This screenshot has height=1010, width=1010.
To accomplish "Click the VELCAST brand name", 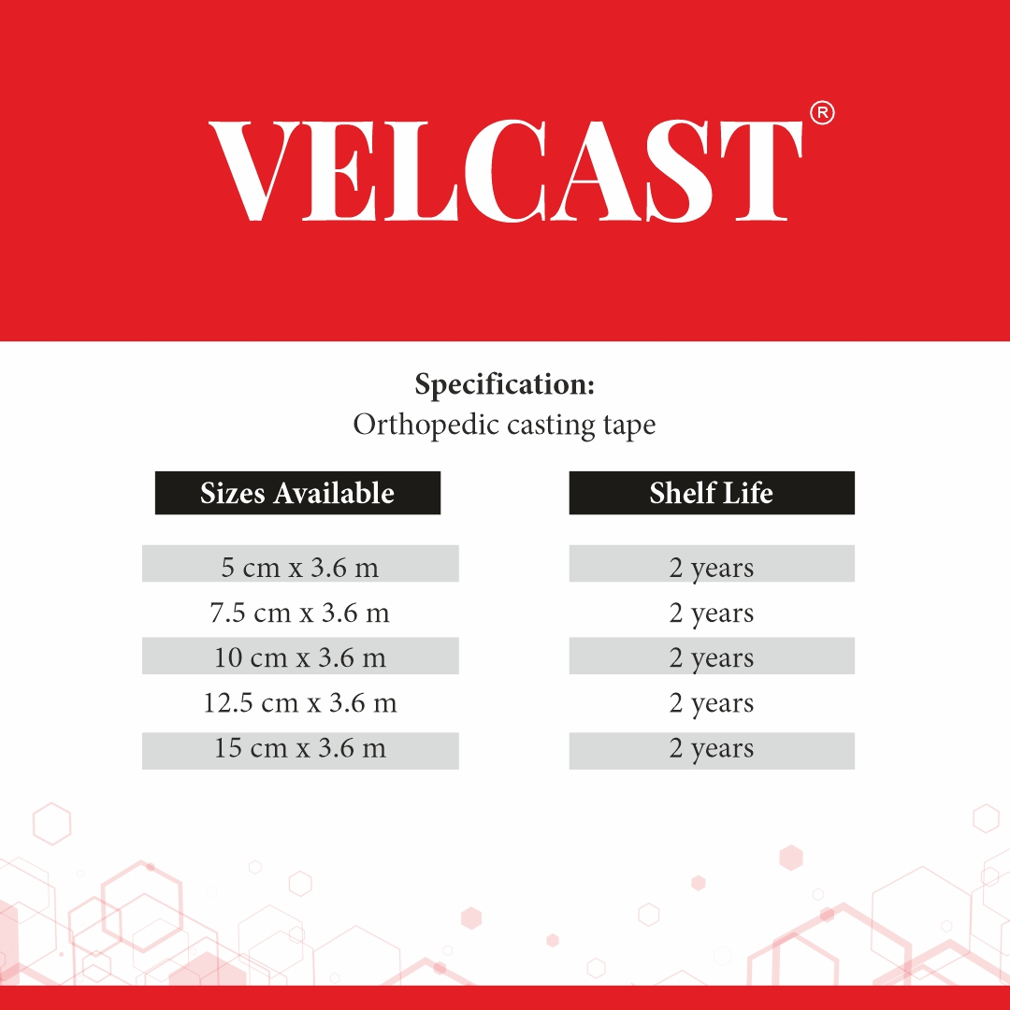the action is point(506,171).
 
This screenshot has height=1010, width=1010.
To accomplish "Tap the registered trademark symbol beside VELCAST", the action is point(822,113).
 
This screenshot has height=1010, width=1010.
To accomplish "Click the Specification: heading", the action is point(505,384).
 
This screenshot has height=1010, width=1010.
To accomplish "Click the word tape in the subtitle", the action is point(629,426).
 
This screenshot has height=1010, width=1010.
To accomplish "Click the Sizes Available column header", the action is point(297,493).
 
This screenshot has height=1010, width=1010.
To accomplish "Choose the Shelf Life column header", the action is point(711,493).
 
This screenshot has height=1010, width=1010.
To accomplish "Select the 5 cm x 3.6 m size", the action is point(300,568).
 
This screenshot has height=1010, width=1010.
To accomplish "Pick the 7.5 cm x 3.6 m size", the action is point(300,613).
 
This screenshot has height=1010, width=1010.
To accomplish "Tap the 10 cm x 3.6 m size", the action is point(300,657).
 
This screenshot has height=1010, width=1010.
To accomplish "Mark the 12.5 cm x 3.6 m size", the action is point(300,702).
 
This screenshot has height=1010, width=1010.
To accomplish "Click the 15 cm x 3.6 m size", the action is point(300,748).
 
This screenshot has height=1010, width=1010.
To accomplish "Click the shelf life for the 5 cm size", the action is point(711,569).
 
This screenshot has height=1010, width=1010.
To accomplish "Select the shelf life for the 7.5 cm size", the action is point(711,613).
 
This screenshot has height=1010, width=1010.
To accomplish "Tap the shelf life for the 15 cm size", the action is point(711,749).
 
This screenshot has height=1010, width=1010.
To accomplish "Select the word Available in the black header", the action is point(334,493).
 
